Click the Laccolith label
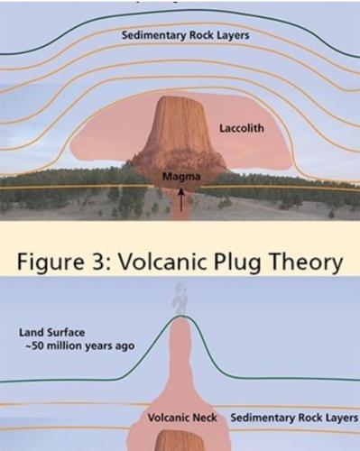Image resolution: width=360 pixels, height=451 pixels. pos(242,128)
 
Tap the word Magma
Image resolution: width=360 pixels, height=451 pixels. pos(181,177)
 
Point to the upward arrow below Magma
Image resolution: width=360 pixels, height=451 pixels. pos(181,199)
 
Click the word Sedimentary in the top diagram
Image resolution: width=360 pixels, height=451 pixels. pos(153,35)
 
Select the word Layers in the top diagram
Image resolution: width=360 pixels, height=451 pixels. pos(233,35)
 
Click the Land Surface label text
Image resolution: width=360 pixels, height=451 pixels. pos(51,333)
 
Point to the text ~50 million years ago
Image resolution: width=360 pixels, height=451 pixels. pos(80,346)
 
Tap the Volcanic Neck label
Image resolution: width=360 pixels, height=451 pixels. pos(182,418)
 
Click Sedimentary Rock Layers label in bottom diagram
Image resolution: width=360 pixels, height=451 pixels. pos(294,418)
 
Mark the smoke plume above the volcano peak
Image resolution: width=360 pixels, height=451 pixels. pos(180,299)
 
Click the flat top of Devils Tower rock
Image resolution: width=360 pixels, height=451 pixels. pos(180,98)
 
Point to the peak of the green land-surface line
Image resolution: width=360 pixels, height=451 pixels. pos(180,316)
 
